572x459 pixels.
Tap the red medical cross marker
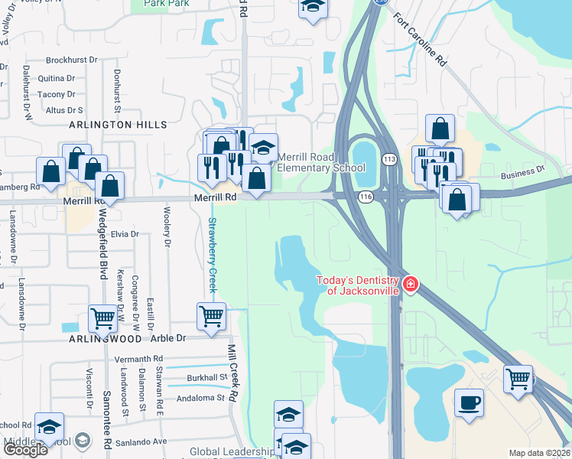pos(411,285)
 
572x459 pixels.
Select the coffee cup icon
pos(469,402)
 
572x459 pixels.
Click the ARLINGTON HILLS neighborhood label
pos(118,125)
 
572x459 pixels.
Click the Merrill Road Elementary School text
pos(316,162)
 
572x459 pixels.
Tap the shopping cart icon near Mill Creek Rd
pos(211,314)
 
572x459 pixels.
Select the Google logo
pos(24,449)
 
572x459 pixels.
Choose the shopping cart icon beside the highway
pos(518,379)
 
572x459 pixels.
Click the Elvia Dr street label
pos(124,234)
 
